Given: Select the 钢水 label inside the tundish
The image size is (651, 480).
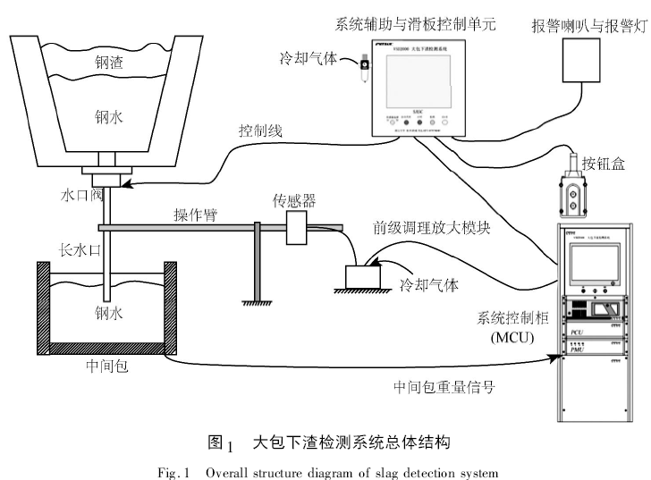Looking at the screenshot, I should point(106,312).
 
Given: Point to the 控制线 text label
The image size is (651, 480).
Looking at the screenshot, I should point(260,131).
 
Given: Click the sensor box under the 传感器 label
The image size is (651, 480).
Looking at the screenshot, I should point(298,228).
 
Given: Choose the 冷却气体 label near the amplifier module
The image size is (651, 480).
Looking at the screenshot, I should point(428,286).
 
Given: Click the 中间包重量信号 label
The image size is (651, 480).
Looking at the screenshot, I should point(444,386).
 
